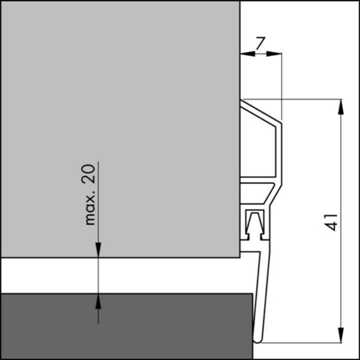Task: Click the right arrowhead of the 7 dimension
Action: pos(275,54)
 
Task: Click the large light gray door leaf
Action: pos(120,120)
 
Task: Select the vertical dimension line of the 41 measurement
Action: pos(341,180)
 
